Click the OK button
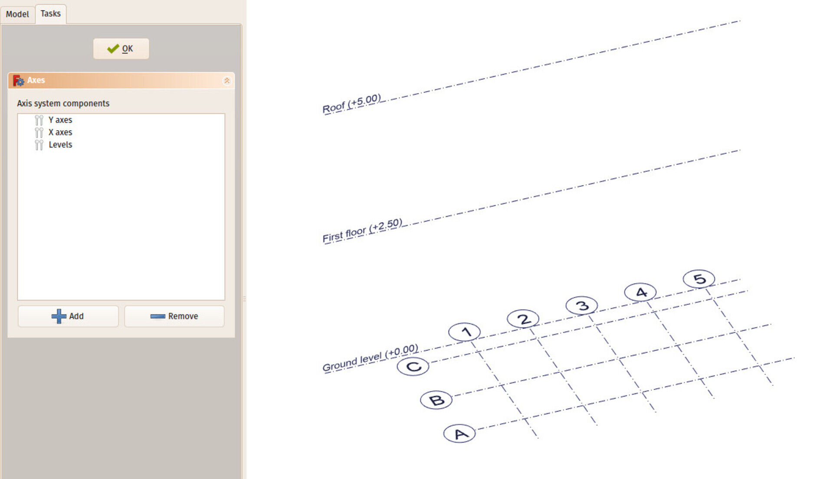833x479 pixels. pyautogui.click(x=121, y=49)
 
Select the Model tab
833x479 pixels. pyautogui.click(x=17, y=14)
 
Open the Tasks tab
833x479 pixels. pyautogui.click(x=50, y=13)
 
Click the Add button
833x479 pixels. pyautogui.click(x=68, y=316)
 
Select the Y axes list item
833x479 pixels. pyautogui.click(x=60, y=120)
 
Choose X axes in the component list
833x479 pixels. pyautogui.click(x=60, y=132)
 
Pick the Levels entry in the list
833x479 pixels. pyautogui.click(x=60, y=145)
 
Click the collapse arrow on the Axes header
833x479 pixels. pyautogui.click(x=226, y=81)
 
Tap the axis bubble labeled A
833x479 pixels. pyautogui.click(x=459, y=433)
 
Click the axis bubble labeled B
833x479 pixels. pyautogui.click(x=436, y=400)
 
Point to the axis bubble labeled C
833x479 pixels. pyautogui.click(x=413, y=367)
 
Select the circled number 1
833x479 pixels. pyautogui.click(x=464, y=332)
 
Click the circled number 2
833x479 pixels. pyautogui.click(x=523, y=319)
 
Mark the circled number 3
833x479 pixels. pyautogui.click(x=582, y=306)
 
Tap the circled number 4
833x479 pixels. pyautogui.click(x=640, y=292)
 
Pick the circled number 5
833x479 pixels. pyautogui.click(x=699, y=279)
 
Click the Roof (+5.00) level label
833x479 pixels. pyautogui.click(x=351, y=104)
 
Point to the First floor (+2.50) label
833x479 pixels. pyautogui.click(x=362, y=231)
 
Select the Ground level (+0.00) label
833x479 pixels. pyautogui.click(x=370, y=358)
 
